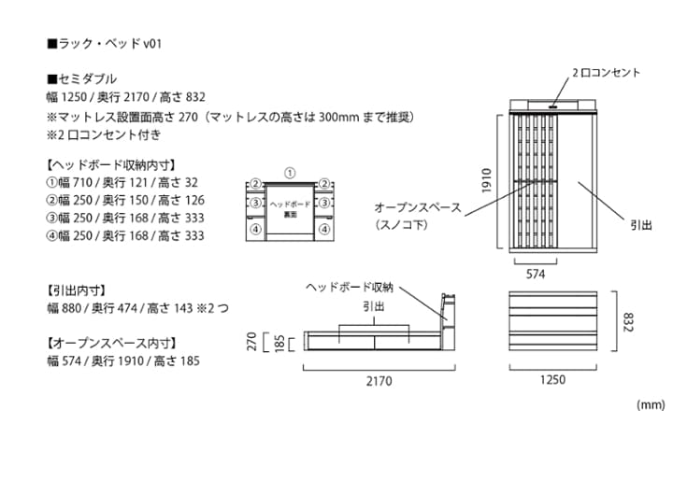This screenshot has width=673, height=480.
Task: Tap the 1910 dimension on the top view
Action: pyautogui.click(x=486, y=180)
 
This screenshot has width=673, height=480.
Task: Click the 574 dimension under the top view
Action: pyautogui.click(x=536, y=275)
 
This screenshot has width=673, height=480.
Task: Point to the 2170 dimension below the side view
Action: pyautogui.click(x=379, y=381)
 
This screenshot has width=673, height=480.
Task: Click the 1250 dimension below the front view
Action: pyautogui.click(x=552, y=380)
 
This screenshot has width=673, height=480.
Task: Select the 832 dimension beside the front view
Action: pyautogui.click(x=627, y=322)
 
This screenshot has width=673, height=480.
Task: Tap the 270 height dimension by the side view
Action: pyautogui.click(x=251, y=342)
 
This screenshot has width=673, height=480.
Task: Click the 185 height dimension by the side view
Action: pyautogui.click(x=279, y=344)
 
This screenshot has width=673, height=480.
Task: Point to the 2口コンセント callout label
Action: pyautogui.click(x=606, y=73)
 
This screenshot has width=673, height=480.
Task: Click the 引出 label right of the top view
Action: pyautogui.click(x=641, y=225)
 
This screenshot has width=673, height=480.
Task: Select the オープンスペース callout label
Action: pyautogui.click(x=418, y=207)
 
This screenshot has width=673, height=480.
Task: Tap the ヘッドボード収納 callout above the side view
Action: pyautogui.click(x=350, y=287)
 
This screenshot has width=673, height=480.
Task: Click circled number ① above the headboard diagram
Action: pyautogui.click(x=290, y=174)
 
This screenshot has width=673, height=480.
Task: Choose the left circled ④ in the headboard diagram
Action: pyautogui.click(x=256, y=230)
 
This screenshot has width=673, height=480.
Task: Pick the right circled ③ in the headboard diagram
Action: pyautogui.click(x=325, y=203)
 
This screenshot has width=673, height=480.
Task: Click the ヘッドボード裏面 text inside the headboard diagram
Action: pyautogui.click(x=290, y=209)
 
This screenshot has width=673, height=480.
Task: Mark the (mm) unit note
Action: pyautogui.click(x=651, y=404)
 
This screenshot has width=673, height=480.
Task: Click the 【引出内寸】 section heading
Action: pyautogui.click(x=76, y=290)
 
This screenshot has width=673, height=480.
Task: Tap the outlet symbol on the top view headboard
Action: pyautogui.click(x=552, y=106)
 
